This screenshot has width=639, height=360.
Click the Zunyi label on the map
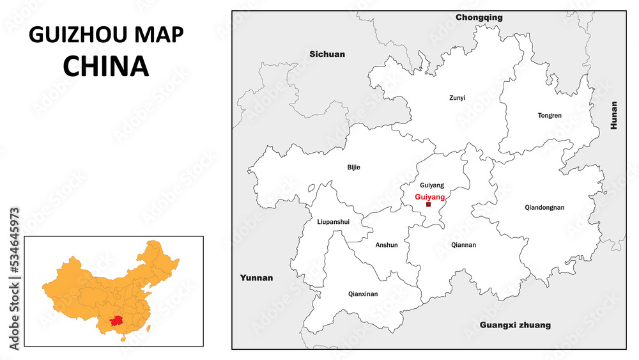[x=457, y=98]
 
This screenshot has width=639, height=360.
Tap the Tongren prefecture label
[x=550, y=116]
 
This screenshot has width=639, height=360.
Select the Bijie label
[x=353, y=168]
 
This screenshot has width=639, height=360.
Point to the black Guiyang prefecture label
[x=432, y=185]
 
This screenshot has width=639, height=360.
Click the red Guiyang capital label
[x=429, y=197]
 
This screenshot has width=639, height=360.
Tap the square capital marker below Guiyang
[x=428, y=205]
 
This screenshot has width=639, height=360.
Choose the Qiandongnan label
[x=544, y=207]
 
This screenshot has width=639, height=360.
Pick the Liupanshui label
[x=333, y=222]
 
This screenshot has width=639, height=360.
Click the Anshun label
[x=387, y=245]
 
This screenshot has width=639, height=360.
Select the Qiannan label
[x=463, y=244]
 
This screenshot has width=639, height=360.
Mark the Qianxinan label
[x=363, y=294]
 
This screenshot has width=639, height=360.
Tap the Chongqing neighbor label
[x=479, y=18]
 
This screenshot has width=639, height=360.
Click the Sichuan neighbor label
[x=327, y=54]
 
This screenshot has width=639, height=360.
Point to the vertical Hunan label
[x=614, y=116]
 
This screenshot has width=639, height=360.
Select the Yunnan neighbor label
[x=256, y=278]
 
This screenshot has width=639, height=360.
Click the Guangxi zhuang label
[x=515, y=325]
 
